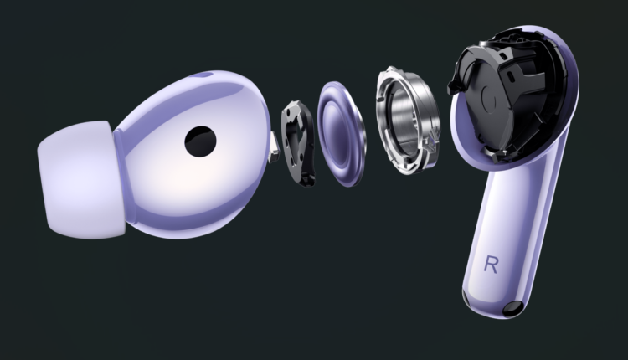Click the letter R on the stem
point(491,265)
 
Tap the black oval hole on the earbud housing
point(200,141)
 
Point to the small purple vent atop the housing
point(203,75)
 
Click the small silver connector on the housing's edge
point(274,148)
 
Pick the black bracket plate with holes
point(298,143)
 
